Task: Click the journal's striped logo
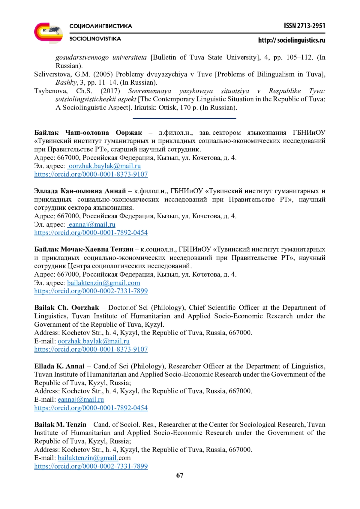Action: tap(48, 33)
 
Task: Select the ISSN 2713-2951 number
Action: tap(304, 26)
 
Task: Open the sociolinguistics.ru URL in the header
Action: tap(292, 40)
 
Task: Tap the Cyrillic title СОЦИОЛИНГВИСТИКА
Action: tap(101, 26)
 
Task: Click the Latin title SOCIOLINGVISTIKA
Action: tap(95, 39)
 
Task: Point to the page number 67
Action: tap(180, 475)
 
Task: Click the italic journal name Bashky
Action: tap(66, 82)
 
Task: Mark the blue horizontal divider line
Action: tap(184, 118)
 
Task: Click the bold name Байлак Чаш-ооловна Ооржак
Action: tap(88, 133)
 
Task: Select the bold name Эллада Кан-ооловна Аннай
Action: tap(80, 191)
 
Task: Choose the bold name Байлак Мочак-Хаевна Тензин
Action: tap(84, 249)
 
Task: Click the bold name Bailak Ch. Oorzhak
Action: tap(66, 307)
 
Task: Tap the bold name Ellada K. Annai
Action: tap(59, 366)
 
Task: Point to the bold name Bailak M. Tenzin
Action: tap(60, 424)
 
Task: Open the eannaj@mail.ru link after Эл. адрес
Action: tap(92, 224)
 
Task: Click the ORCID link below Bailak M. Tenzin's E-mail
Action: tap(91, 466)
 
